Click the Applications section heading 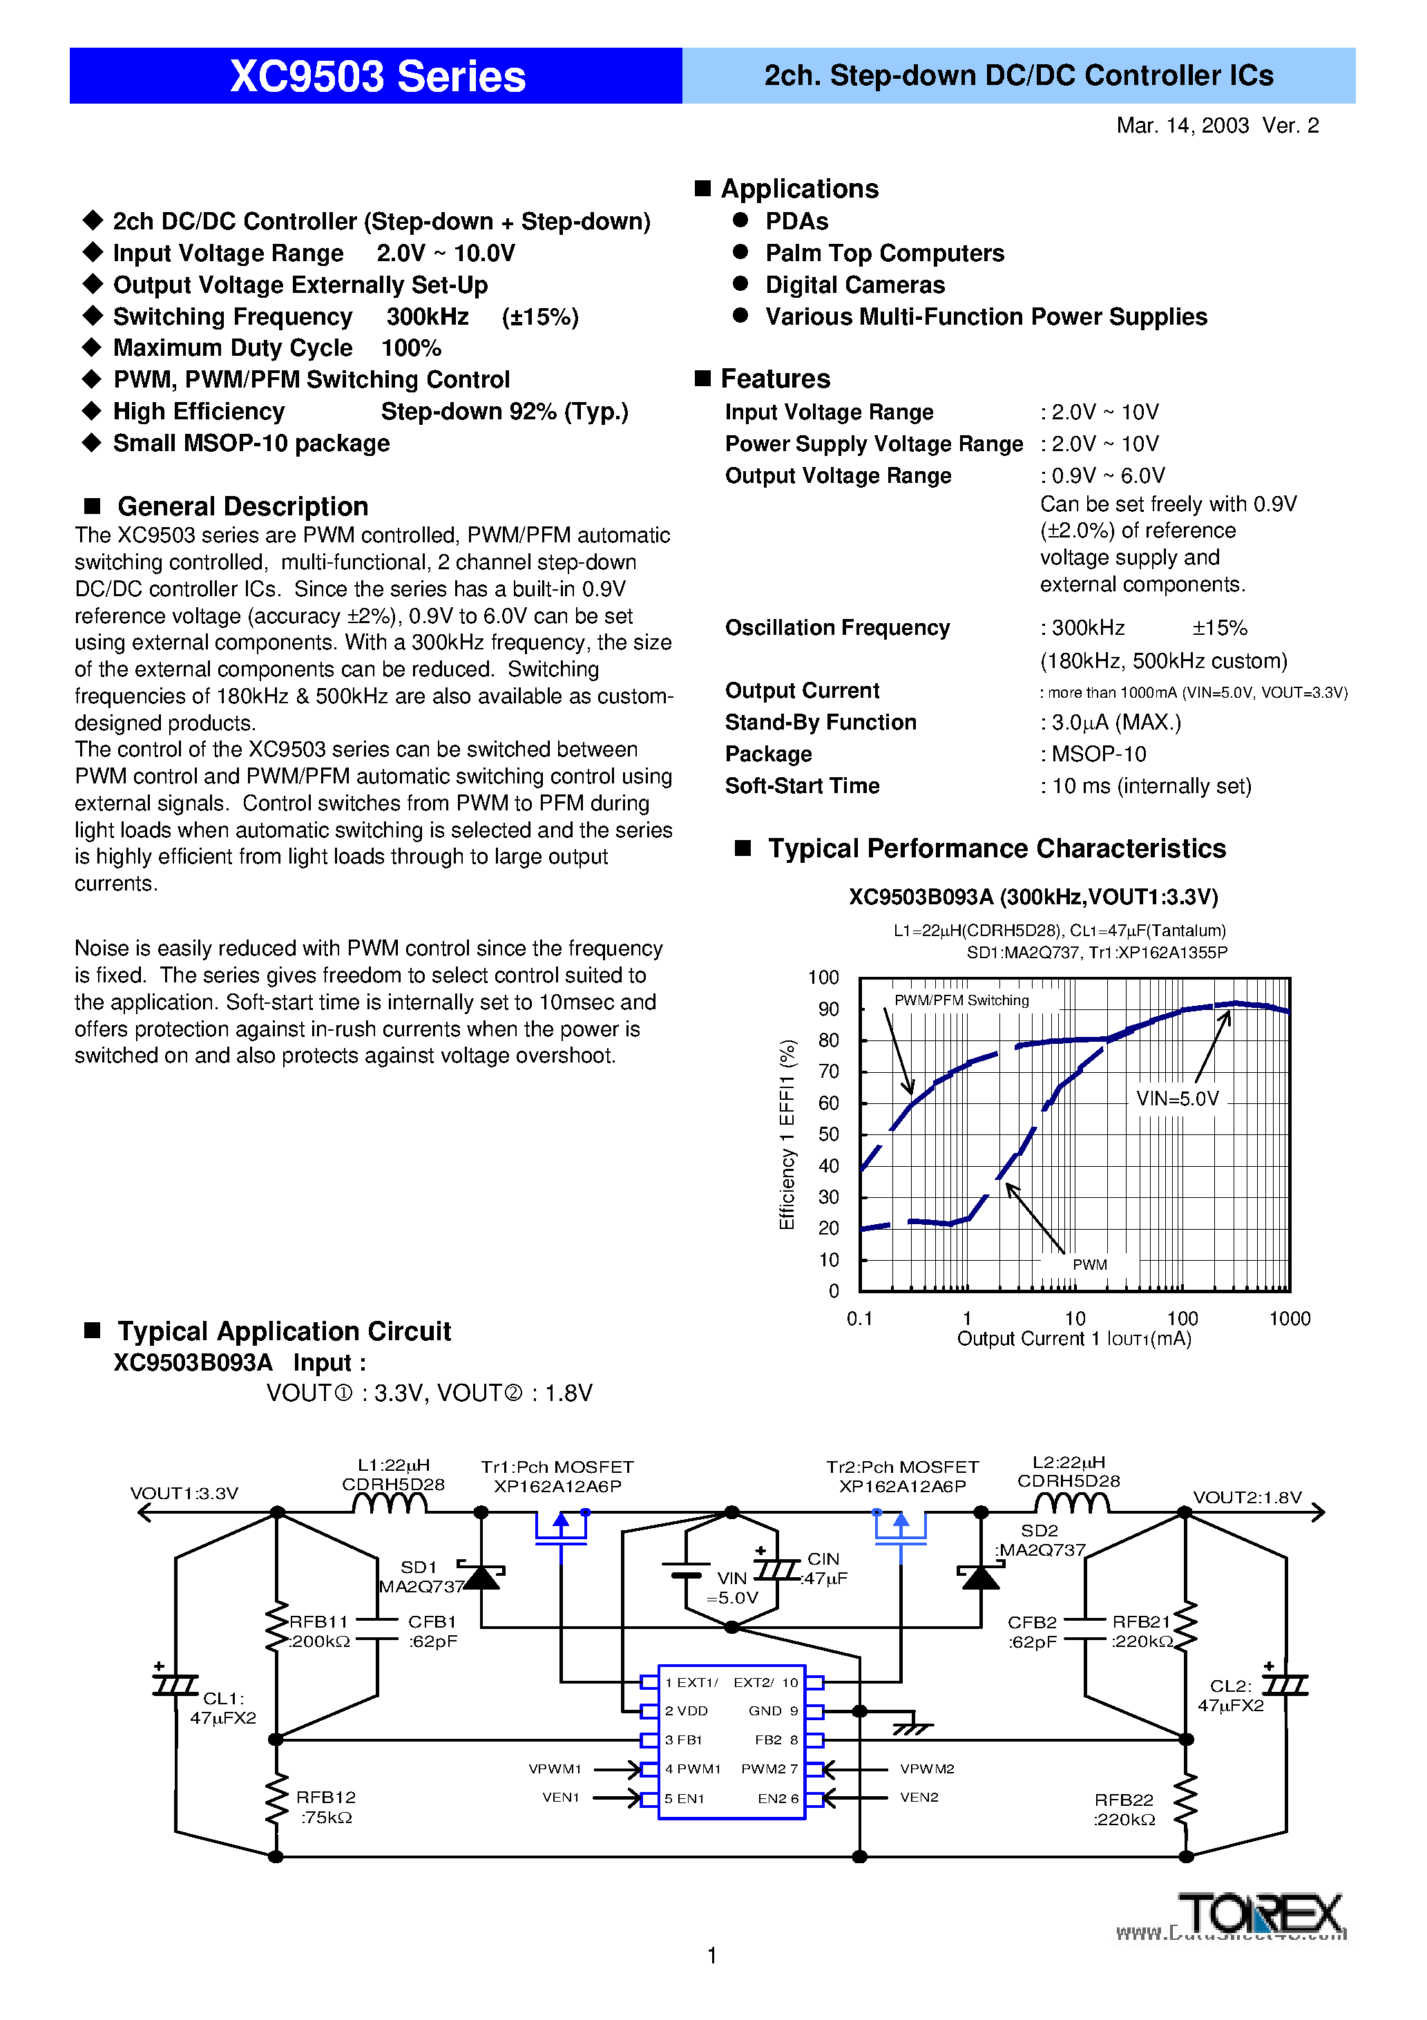pos(799,189)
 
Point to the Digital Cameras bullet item pos(854,285)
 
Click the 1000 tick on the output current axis pos(1289,1318)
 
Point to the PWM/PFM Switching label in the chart pos(961,1000)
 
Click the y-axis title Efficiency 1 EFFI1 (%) pos(787,1134)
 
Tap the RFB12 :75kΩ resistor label pos(325,1807)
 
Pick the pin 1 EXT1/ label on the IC pos(691,1682)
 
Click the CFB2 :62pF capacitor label pos(1032,1631)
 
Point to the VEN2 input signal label pos(919,1798)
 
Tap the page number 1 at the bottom pos(711,1955)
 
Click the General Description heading pos(242,507)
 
